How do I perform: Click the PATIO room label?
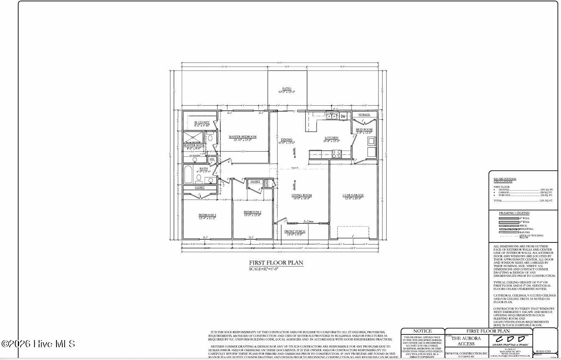(x=287, y=89)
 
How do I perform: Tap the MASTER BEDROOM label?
(x=242, y=137)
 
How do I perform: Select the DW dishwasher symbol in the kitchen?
(x=343, y=116)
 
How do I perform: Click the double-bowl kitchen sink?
(x=331, y=116)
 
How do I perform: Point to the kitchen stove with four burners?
(x=336, y=154)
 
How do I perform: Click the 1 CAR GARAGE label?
(x=353, y=195)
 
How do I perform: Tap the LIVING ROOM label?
(x=301, y=195)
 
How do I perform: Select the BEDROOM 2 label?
(x=208, y=215)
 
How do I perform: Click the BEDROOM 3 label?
(x=252, y=212)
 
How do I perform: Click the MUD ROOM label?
(x=364, y=129)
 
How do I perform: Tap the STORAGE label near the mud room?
(x=364, y=115)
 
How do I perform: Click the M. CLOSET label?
(x=202, y=122)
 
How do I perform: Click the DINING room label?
(x=286, y=140)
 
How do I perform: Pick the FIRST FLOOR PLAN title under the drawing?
(x=276, y=263)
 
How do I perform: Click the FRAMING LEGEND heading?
(x=514, y=213)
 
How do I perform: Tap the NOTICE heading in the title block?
(x=422, y=331)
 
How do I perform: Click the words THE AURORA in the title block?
(x=466, y=338)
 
